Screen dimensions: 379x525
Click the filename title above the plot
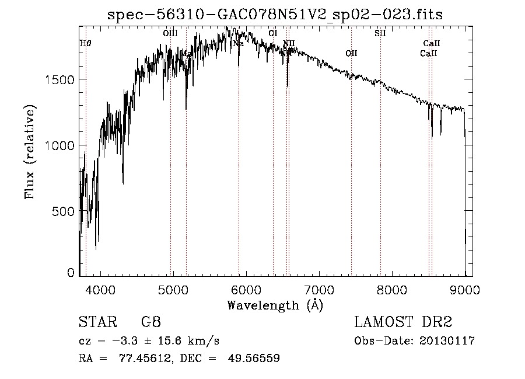[x=275, y=15]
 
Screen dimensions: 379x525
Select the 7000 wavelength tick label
[x=319, y=290]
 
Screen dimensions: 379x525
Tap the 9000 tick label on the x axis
[x=465, y=290]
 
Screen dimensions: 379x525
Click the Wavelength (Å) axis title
[x=275, y=305]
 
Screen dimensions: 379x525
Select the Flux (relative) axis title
[x=29, y=152]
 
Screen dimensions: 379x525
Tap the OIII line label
[x=170, y=34]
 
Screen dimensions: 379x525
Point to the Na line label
[x=238, y=43]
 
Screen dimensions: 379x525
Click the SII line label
[x=380, y=34]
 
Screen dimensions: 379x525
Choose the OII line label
[x=351, y=53]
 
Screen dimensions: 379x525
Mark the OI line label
[x=273, y=34]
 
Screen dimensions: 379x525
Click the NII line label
[x=289, y=43]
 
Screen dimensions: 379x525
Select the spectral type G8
[x=150, y=323]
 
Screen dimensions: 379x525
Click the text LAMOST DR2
[x=403, y=323]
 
